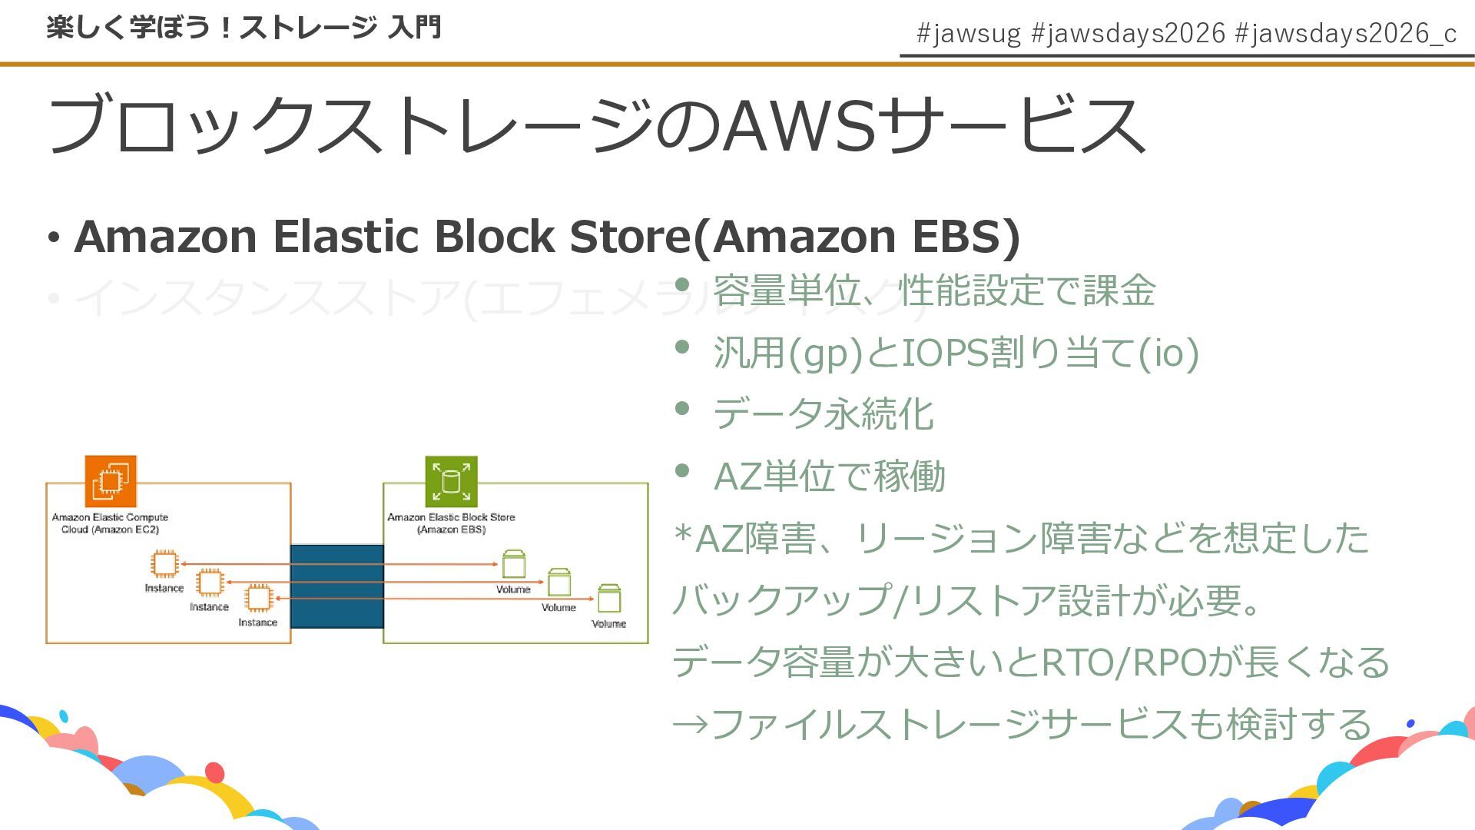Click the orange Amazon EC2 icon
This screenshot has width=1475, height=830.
111,481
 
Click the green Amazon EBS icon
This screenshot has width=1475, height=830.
451,481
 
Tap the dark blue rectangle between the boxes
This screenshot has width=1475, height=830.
336,586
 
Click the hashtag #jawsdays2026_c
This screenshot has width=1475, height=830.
1345,33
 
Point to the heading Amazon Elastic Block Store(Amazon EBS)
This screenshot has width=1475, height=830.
547,236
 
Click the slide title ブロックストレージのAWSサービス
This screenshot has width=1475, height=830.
597,125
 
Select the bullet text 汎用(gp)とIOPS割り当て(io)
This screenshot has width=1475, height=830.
956,353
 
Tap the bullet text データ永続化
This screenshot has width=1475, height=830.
823,414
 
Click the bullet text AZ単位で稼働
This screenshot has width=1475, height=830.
830,476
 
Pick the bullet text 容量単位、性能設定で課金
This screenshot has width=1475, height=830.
934,290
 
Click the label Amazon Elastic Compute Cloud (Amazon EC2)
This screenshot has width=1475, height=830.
110,523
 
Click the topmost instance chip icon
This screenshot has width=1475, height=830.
164,563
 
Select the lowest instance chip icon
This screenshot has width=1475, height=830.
258,598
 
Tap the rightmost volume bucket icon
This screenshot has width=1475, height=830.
609,599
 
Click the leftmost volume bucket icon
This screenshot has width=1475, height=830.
513,564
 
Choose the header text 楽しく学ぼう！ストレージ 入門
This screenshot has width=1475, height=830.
244,28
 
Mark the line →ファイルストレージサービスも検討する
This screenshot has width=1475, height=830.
1022,724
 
